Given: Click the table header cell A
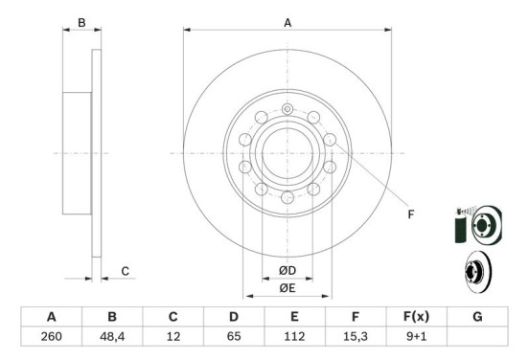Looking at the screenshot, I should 52,316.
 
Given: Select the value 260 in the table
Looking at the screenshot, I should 52,336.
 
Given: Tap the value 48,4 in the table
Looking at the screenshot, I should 112,336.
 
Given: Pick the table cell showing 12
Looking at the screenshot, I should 172,336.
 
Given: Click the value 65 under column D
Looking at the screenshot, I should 233,336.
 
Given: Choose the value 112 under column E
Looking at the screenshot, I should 294,336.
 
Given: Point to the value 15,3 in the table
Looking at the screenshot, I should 355,336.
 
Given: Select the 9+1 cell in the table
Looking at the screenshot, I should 416,336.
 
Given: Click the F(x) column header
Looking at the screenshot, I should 416,316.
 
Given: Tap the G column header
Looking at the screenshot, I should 476,316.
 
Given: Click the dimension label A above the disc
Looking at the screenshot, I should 287,22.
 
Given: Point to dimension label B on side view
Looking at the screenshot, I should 81,22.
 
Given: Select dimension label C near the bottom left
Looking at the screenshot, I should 125,272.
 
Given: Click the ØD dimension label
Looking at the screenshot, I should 287,269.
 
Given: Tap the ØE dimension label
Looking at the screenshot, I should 287,287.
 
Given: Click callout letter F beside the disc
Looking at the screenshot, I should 410,214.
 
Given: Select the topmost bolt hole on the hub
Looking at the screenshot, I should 287,110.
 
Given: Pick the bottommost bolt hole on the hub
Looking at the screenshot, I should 287,196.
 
